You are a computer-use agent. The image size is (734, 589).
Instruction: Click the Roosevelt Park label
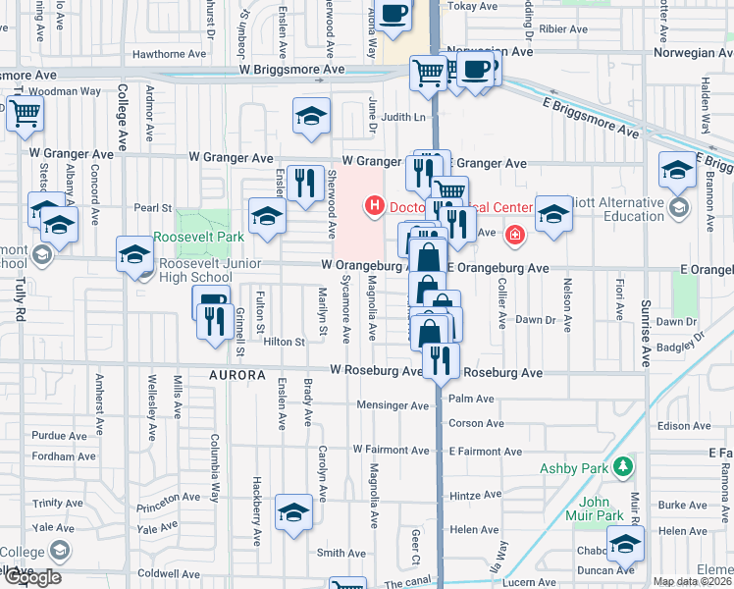point(198,238)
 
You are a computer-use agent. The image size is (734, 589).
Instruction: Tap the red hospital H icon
point(373,206)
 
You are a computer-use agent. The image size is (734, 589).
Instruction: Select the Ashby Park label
point(573,468)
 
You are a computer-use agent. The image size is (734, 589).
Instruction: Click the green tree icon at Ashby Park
point(621,465)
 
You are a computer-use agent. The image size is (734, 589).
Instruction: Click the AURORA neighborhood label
point(236,376)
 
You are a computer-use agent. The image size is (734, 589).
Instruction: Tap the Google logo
point(32,577)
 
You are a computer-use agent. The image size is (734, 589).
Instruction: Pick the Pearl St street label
point(152,208)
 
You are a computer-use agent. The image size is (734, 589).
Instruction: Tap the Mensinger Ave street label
point(393,405)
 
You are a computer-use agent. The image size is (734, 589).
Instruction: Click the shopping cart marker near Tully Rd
point(25,114)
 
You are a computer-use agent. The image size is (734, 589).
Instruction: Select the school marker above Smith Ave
point(293,512)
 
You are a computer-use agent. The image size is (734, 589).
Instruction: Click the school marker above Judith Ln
point(311,117)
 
